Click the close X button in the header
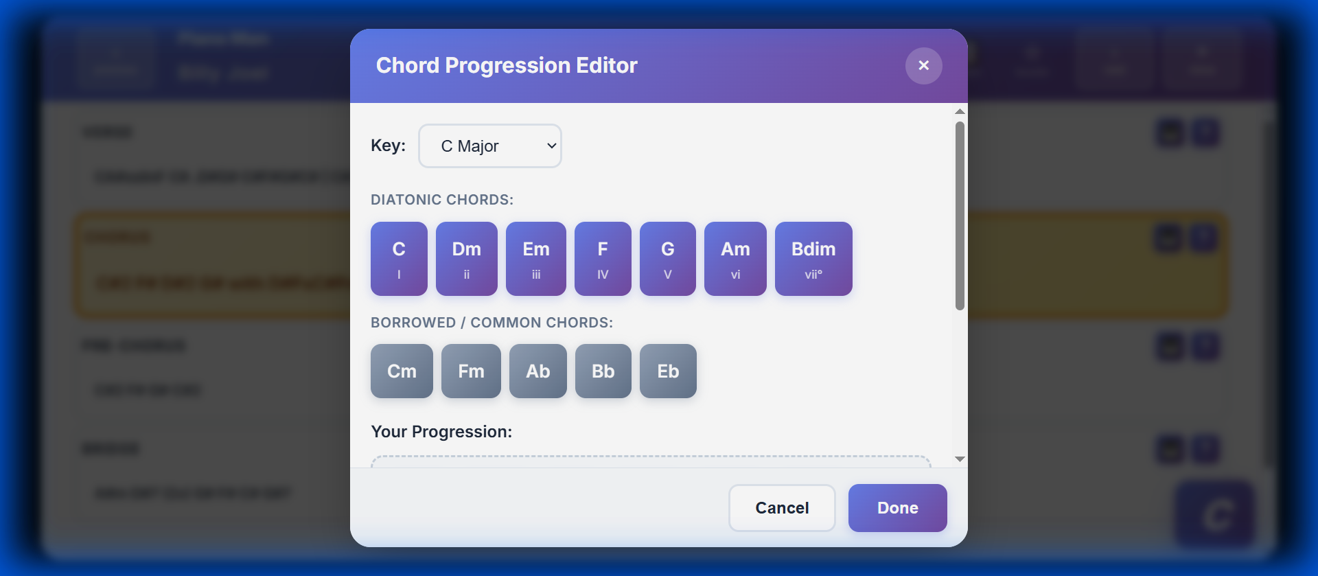pos(923,66)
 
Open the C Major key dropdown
pos(490,146)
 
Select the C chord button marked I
pos(399,259)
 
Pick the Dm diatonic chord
pos(466,259)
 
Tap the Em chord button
pos(535,259)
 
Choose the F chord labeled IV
pos(603,259)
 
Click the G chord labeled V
pos(667,259)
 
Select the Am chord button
pos(735,259)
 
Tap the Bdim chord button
pos(813,259)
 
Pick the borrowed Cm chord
pos(402,371)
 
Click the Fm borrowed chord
pos(471,371)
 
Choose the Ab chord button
pos(537,371)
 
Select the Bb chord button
pos(603,371)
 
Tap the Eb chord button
pos(668,371)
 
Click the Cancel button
pos(782,508)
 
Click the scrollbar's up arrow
pos(960,111)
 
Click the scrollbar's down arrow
pos(960,459)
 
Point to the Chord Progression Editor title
pos(507,66)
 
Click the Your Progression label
pos(441,432)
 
